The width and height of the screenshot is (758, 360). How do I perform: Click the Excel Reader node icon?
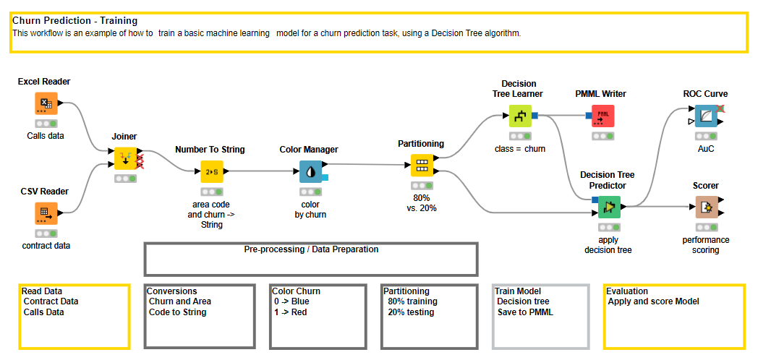[46, 103]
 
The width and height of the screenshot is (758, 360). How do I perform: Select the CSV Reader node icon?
[46, 213]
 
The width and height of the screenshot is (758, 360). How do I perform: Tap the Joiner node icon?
[126, 158]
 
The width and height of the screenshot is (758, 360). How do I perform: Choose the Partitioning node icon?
[422, 165]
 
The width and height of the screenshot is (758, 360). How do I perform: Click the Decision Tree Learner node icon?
[519, 115]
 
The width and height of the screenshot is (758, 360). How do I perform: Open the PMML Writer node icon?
[602, 116]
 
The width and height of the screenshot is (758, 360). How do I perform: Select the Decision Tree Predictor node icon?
[609, 207]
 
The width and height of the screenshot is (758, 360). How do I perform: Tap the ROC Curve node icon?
[705, 116]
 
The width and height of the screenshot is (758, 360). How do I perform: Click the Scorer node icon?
[705, 208]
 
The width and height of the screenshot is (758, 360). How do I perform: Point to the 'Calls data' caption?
[45, 136]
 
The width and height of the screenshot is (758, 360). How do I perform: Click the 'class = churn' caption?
[519, 149]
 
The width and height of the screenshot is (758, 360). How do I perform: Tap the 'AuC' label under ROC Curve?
[705, 149]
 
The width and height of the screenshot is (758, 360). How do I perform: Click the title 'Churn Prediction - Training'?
[74, 21]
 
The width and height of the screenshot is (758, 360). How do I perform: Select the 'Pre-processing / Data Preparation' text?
[311, 249]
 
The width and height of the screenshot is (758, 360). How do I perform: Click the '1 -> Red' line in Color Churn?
[291, 312]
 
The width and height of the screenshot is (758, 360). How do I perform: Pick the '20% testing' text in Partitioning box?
[411, 312]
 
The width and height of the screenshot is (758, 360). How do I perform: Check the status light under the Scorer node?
[705, 227]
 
